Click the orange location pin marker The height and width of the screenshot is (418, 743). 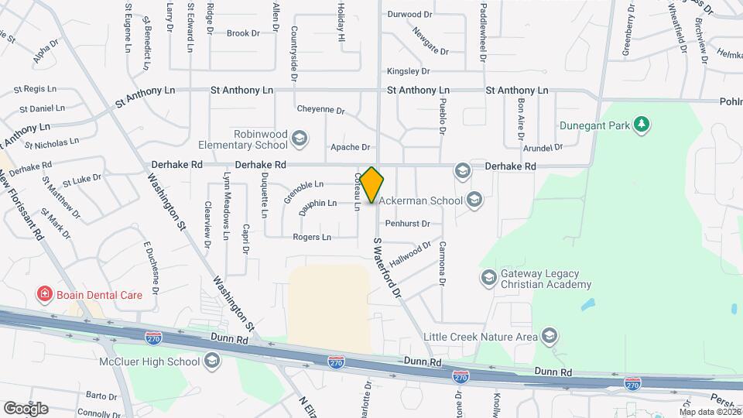click(371, 184)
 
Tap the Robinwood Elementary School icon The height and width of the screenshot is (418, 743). click(300, 139)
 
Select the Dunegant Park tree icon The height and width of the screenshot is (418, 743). click(640, 125)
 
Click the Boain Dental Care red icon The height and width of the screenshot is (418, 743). click(45, 294)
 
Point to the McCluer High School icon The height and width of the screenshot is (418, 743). click(212, 361)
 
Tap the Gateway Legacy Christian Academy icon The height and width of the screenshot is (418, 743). click(488, 277)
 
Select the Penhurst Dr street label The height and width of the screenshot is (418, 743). click(418, 223)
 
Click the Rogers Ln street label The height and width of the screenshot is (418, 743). click(312, 237)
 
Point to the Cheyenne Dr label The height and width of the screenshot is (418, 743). click(320, 109)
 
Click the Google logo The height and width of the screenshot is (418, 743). click(25, 408)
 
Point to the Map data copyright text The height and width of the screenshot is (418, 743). click(709, 411)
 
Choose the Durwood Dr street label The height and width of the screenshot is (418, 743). click(409, 14)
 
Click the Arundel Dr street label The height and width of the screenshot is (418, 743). click(542, 148)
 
